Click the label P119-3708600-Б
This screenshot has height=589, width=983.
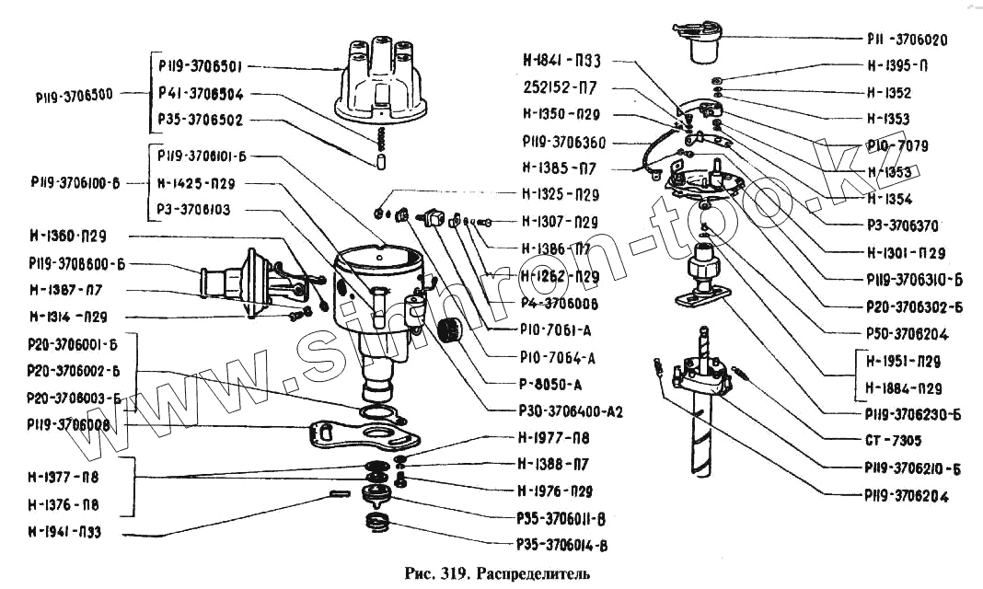(76, 263)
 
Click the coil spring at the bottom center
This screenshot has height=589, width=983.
(378, 524)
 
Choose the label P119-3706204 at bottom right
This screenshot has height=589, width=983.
(906, 496)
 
